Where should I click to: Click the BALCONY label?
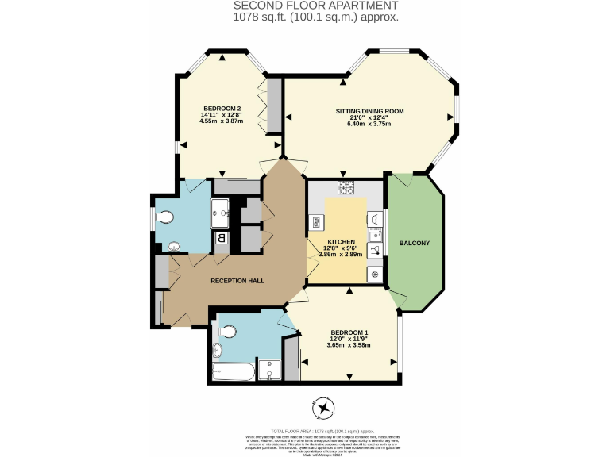click(x=414, y=243)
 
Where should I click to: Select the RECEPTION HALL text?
click(x=237, y=281)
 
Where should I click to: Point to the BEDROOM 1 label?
click(x=349, y=332)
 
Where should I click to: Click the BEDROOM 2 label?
click(x=222, y=108)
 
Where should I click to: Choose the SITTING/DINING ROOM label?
click(x=370, y=112)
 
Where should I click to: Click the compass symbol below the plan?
click(x=324, y=409)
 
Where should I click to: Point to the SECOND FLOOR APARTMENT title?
click(x=316, y=6)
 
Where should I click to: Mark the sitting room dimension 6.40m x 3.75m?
click(x=370, y=125)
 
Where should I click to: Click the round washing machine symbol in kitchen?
click(x=373, y=274)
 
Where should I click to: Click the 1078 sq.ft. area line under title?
click(x=316, y=17)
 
